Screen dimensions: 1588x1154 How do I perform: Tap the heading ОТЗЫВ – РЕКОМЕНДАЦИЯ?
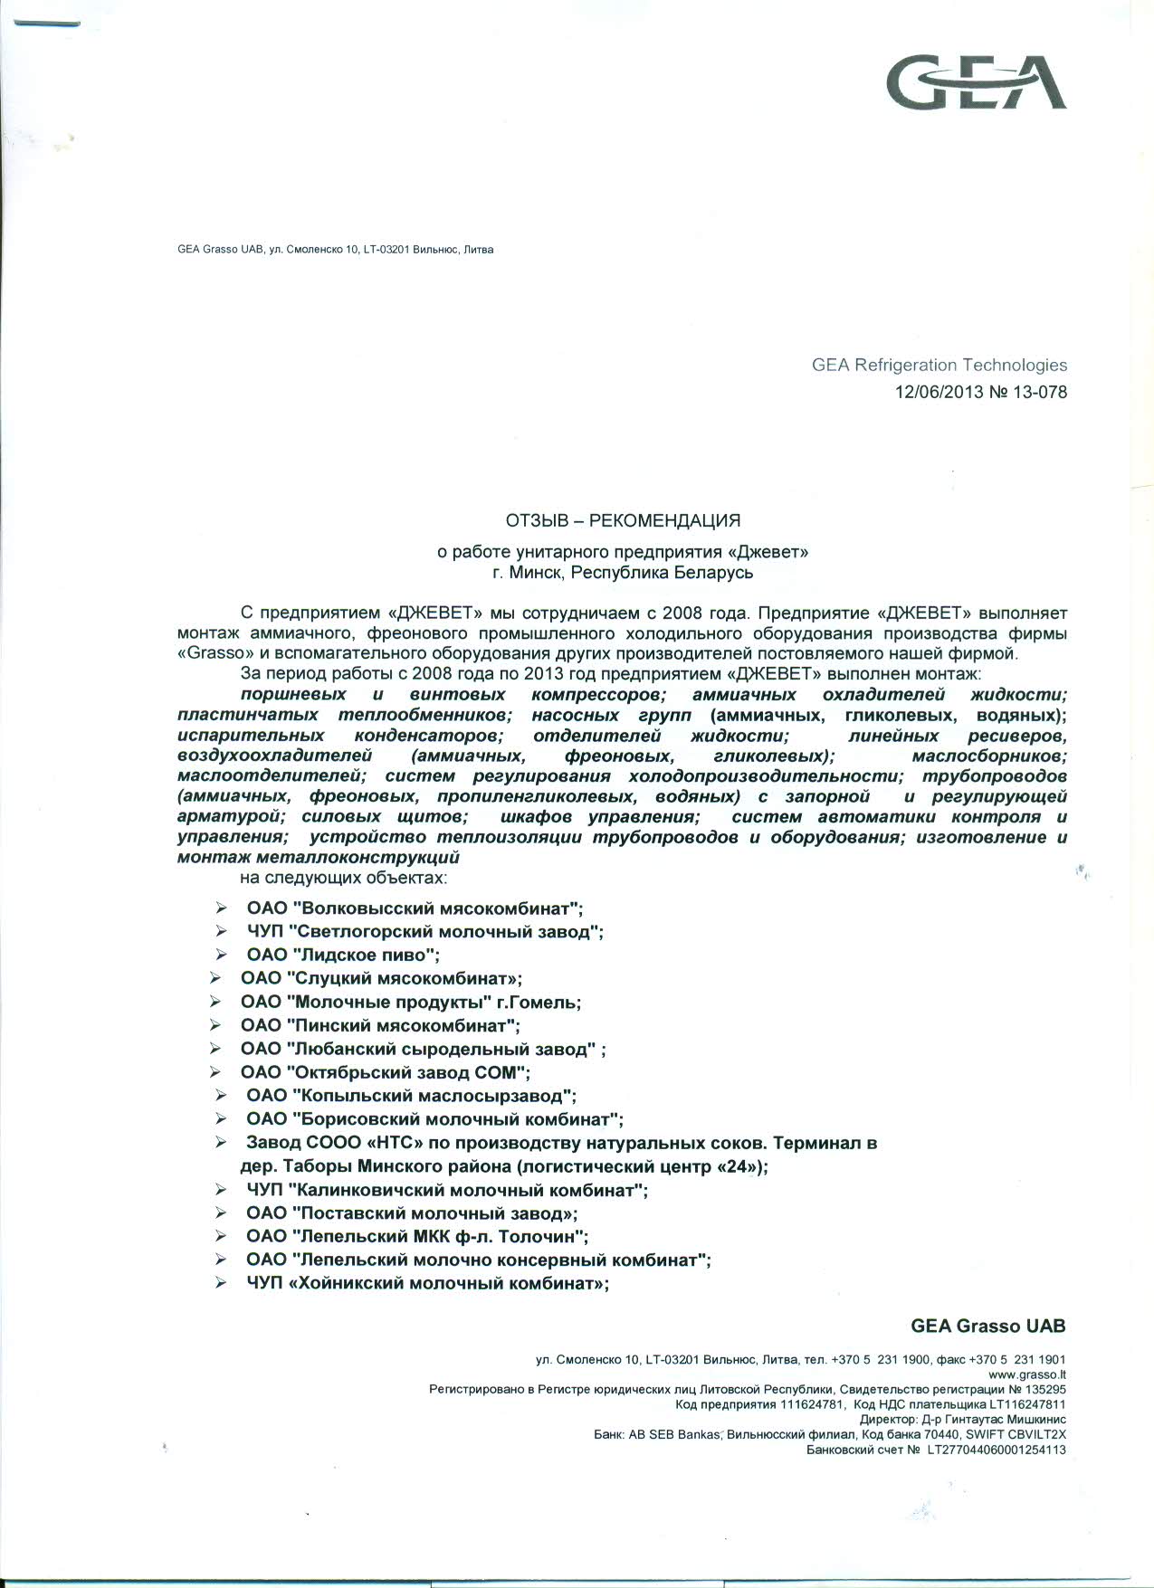pos(623,520)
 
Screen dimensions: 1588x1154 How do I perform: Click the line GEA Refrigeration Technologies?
pos(939,366)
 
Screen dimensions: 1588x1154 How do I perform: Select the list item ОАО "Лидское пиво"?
pos(343,956)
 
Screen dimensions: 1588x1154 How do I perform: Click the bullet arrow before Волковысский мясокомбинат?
pos(222,908)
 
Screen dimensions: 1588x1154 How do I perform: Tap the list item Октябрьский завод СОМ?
pos(385,1072)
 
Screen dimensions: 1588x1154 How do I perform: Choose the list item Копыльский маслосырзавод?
pos(411,1097)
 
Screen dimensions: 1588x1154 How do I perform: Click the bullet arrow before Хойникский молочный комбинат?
pos(222,1283)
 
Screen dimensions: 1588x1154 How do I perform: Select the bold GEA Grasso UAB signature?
pos(987,1326)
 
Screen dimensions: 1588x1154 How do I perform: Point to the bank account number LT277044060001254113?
pos(993,1450)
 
